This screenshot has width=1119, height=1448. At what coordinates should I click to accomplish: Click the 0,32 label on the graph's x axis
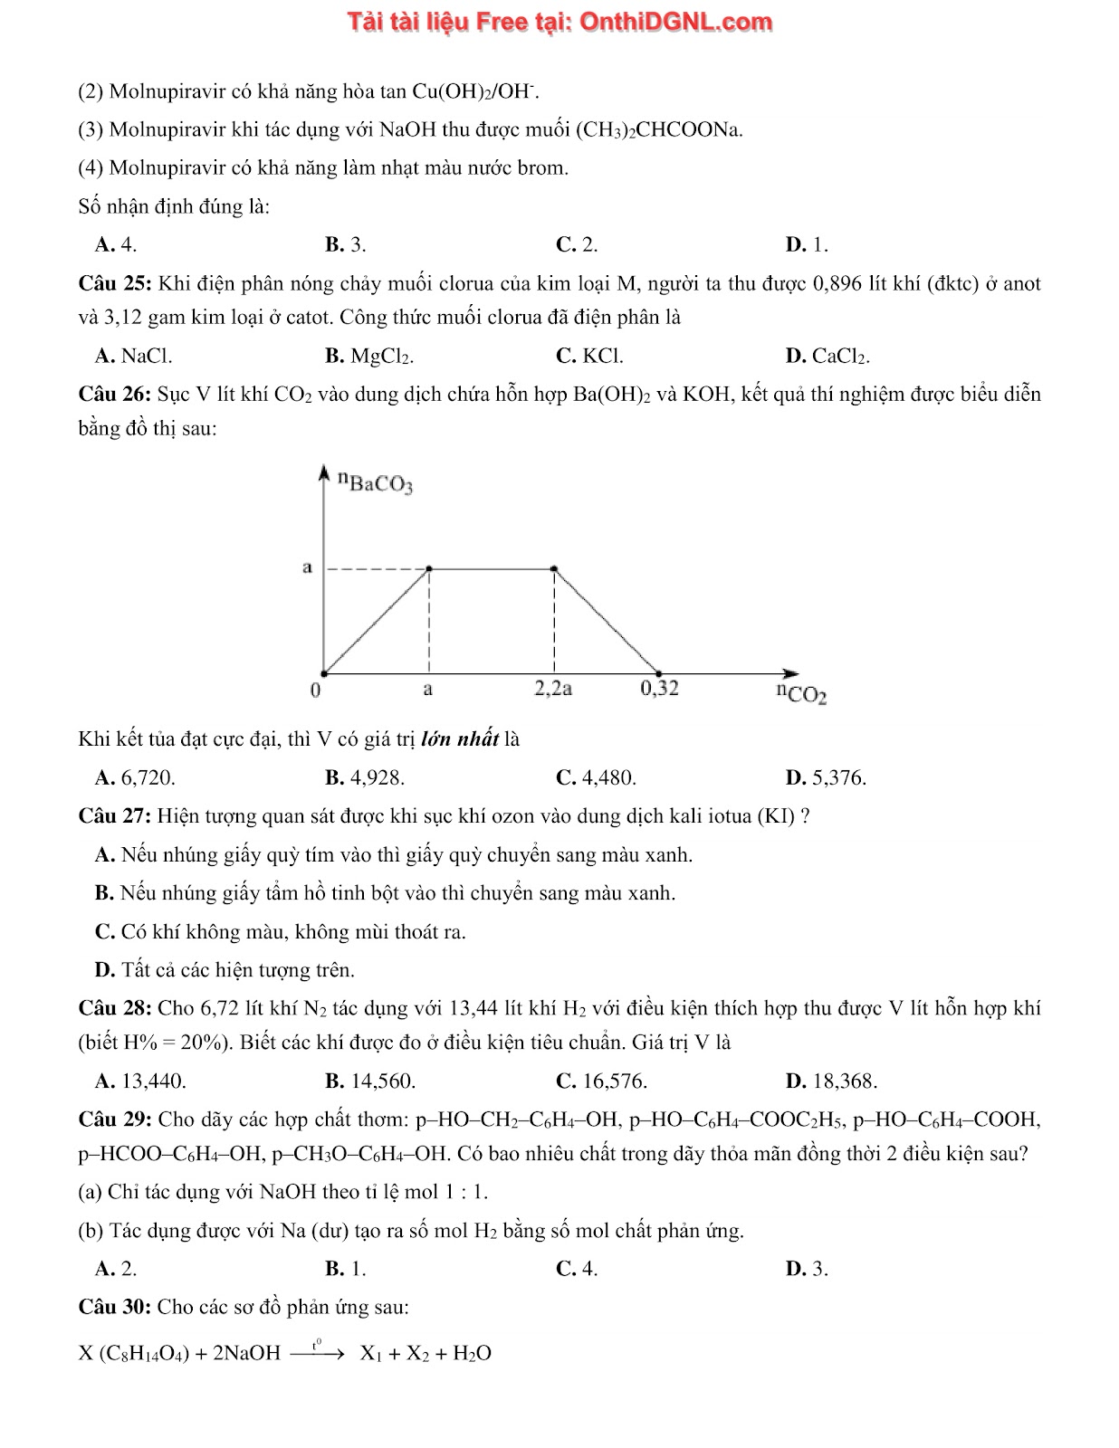(x=659, y=688)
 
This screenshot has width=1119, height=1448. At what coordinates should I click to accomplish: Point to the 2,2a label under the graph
(x=553, y=688)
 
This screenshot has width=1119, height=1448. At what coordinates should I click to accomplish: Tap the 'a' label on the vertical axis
(x=307, y=567)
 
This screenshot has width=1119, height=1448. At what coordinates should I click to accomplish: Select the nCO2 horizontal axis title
(x=801, y=693)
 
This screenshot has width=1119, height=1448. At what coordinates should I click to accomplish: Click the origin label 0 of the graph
(x=314, y=691)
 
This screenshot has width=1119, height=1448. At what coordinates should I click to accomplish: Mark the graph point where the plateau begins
(x=429, y=569)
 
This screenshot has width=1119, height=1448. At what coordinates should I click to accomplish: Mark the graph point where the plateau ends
(x=554, y=569)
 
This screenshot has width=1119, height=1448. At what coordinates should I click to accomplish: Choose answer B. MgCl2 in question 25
(x=369, y=357)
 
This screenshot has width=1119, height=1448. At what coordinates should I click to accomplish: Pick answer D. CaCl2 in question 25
(x=827, y=357)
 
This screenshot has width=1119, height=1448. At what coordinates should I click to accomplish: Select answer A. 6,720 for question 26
(x=135, y=777)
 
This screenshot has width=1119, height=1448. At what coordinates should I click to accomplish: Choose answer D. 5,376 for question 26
(x=826, y=777)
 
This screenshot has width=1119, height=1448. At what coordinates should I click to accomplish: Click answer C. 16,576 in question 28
(x=601, y=1081)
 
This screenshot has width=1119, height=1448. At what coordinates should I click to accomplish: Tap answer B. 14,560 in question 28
(x=370, y=1081)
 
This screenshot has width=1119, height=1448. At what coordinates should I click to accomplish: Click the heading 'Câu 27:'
(x=115, y=816)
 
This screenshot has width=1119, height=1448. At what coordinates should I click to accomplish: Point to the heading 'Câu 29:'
(x=115, y=1119)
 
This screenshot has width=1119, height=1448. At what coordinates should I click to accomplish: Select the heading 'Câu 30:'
(x=115, y=1307)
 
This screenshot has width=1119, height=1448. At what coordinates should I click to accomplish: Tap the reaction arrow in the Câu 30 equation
(x=318, y=1354)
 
